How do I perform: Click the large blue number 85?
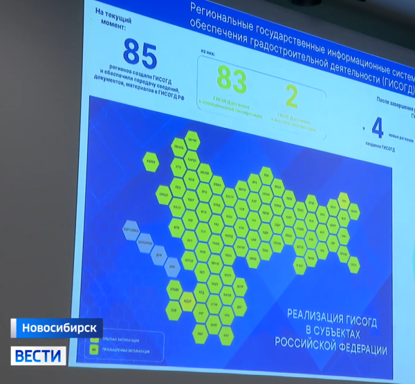[x=140, y=55]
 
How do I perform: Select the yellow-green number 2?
[x=292, y=97]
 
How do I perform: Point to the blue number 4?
[x=377, y=129]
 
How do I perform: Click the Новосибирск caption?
[x=57, y=327]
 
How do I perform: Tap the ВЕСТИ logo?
[x=39, y=356]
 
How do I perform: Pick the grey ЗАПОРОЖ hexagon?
[x=145, y=243]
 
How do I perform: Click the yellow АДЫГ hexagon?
[x=187, y=302]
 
